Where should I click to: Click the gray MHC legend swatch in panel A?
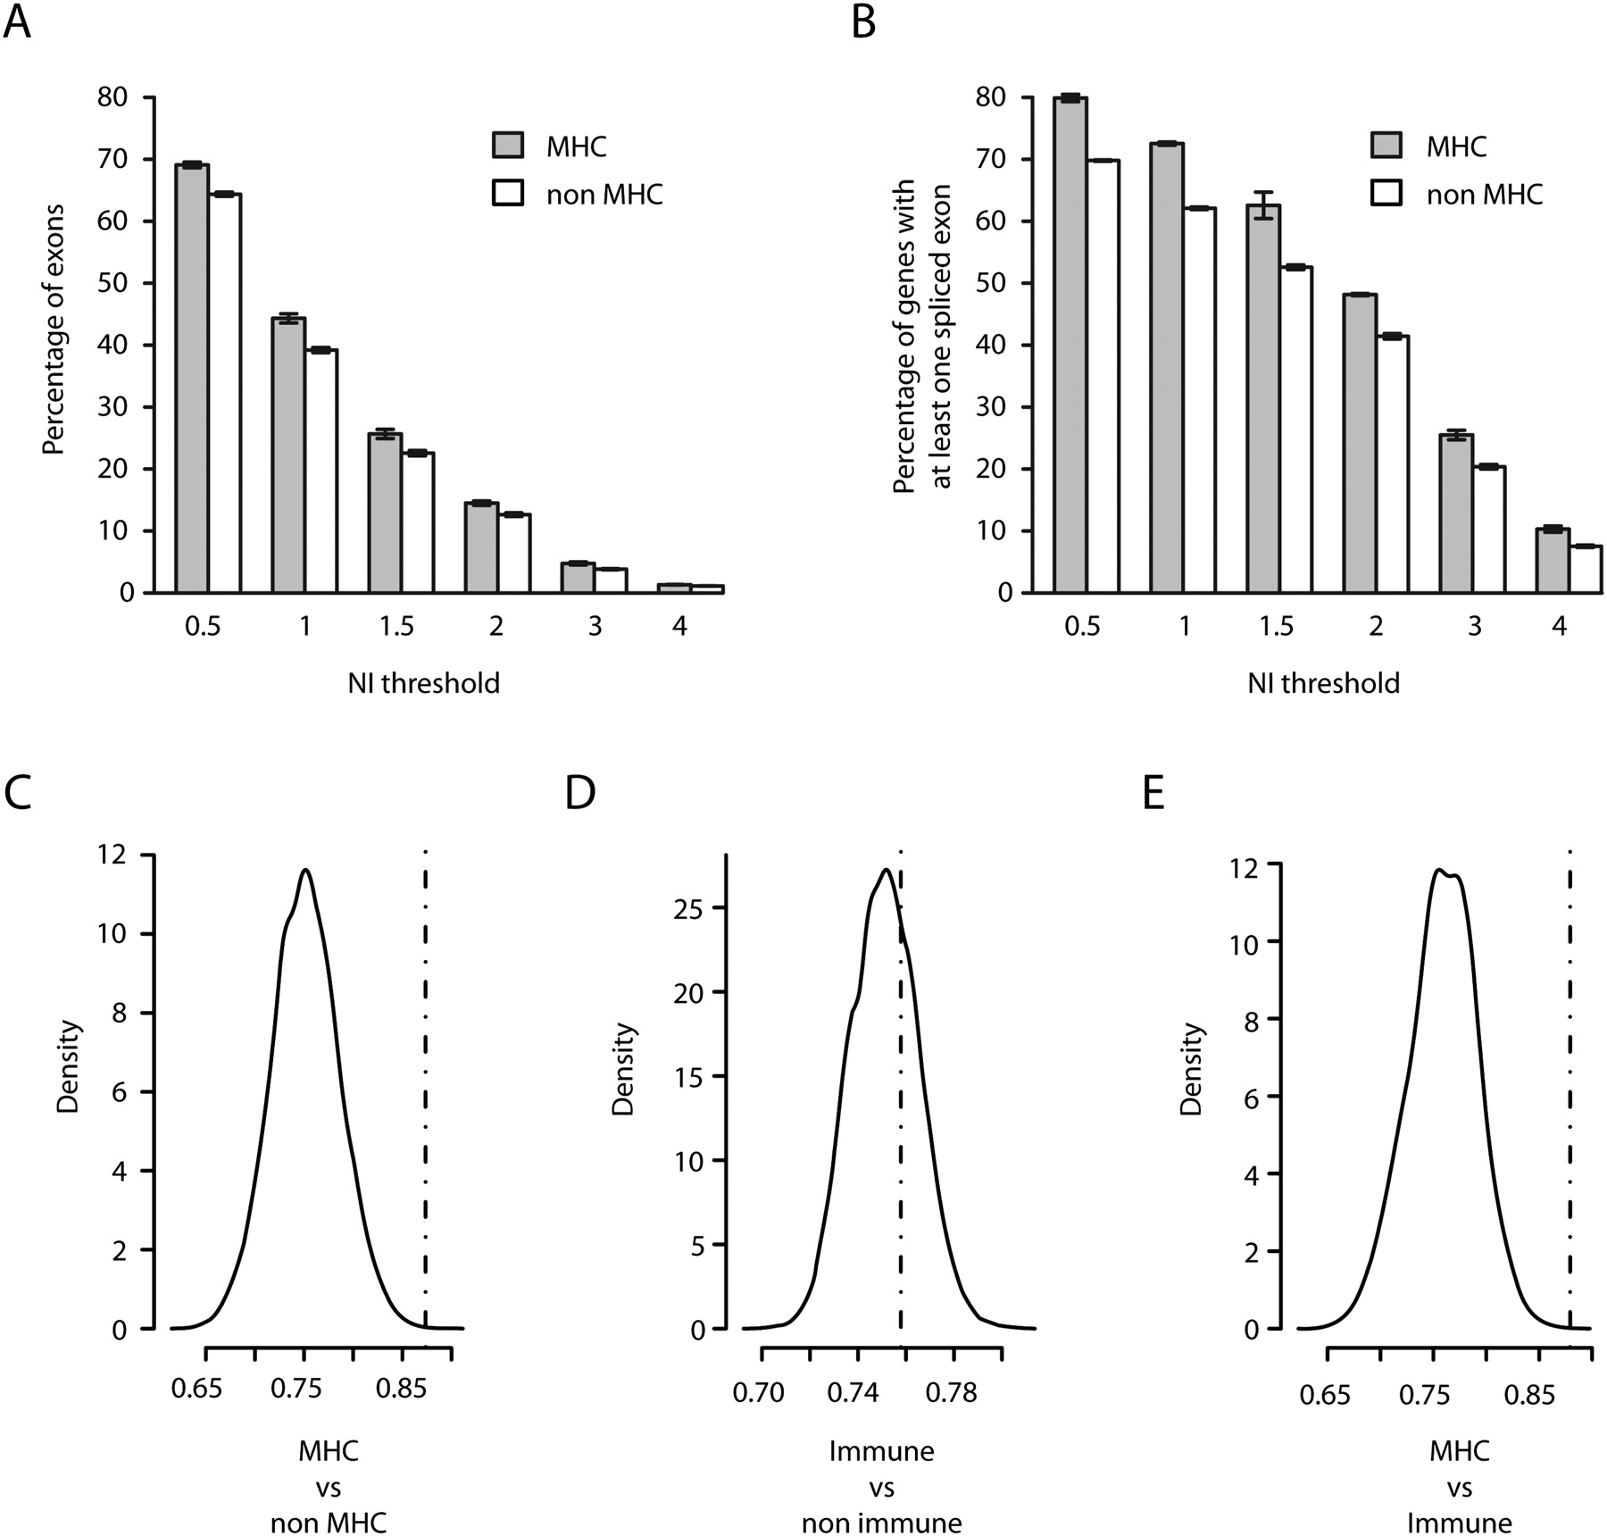(x=508, y=146)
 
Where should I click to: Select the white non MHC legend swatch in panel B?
(x=1386, y=194)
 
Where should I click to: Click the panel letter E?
(x=1153, y=793)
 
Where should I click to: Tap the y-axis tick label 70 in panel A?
(x=114, y=160)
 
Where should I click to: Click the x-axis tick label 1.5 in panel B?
(x=1276, y=626)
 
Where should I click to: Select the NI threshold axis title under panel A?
(x=423, y=684)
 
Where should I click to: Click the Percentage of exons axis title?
(x=54, y=330)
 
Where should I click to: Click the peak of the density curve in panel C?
(x=305, y=871)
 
